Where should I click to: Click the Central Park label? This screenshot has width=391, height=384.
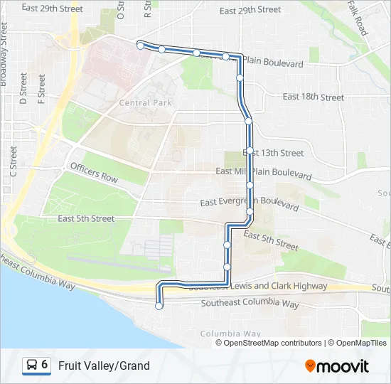pyautogui.click(x=146, y=103)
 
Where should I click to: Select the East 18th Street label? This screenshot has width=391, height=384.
pyautogui.click(x=313, y=97)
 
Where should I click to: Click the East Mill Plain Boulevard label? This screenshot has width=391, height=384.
pyautogui.click(x=263, y=173)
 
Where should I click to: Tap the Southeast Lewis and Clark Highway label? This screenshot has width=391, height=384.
pyautogui.click(x=257, y=286)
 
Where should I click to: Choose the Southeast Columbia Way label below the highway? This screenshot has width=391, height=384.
pyautogui.click(x=250, y=303)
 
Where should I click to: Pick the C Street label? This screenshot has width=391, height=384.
pyautogui.click(x=13, y=161)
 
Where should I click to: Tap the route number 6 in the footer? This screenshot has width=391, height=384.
pyautogui.click(x=45, y=365)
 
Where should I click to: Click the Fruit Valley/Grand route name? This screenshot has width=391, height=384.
pyautogui.click(x=104, y=366)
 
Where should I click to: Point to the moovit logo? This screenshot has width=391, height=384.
pyautogui.click(x=337, y=366)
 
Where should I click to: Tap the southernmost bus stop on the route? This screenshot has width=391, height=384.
pyautogui.click(x=159, y=306)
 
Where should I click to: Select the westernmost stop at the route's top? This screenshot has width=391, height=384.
pyautogui.click(x=140, y=46)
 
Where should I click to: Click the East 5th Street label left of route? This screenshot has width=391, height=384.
pyautogui.click(x=86, y=218)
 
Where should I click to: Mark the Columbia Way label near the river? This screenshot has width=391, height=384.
pyautogui.click(x=230, y=334)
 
